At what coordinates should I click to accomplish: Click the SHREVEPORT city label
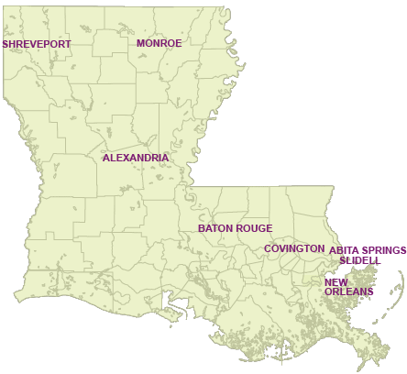(37, 43)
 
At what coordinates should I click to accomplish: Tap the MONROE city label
(159, 43)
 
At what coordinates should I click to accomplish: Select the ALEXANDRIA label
(136, 158)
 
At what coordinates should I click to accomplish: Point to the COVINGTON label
(294, 248)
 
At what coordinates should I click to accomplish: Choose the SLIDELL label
(359, 260)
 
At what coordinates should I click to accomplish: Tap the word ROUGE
(256, 228)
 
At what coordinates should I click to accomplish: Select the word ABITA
(345, 249)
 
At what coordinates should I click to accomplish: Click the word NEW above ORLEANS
(335, 281)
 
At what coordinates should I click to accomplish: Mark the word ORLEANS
(348, 291)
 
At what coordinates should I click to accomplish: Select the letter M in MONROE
(141, 43)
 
